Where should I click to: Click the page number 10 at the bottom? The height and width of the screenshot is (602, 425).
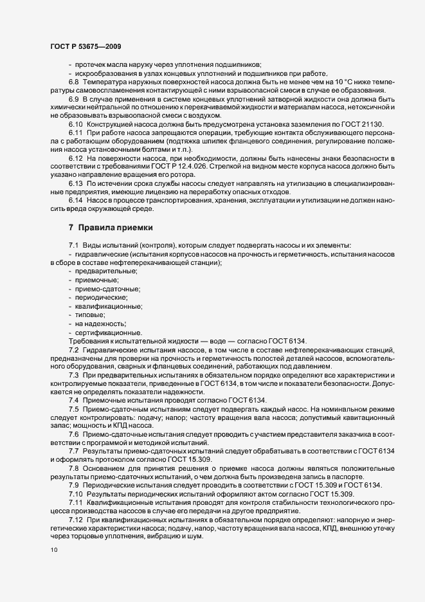[53, 551]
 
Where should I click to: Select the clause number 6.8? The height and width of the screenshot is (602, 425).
[73, 82]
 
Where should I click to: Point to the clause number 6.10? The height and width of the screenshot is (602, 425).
[75, 123]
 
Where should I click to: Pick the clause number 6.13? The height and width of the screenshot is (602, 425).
[75, 182]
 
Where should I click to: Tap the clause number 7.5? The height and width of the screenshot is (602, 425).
[73, 409]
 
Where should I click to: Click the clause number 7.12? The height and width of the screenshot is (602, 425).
[75, 518]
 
